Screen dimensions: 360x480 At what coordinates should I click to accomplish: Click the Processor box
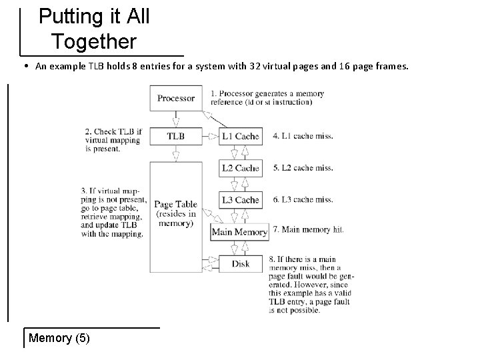coord(176,99)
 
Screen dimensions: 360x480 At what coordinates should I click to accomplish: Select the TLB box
coord(176,136)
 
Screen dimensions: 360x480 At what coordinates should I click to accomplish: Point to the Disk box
coord(240,264)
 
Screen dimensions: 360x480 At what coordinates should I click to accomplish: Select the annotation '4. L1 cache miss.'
coord(303,136)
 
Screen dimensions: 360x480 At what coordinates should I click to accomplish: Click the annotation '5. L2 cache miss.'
coord(303,168)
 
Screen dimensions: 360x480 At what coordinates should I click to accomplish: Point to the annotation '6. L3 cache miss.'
coord(303,200)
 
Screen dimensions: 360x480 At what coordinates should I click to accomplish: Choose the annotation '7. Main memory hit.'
coord(313,230)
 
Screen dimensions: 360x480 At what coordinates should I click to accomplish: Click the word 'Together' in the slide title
coord(94,41)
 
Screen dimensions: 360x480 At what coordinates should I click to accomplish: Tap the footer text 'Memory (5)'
coord(59,338)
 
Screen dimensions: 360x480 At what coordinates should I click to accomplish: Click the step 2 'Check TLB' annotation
coord(113,140)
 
